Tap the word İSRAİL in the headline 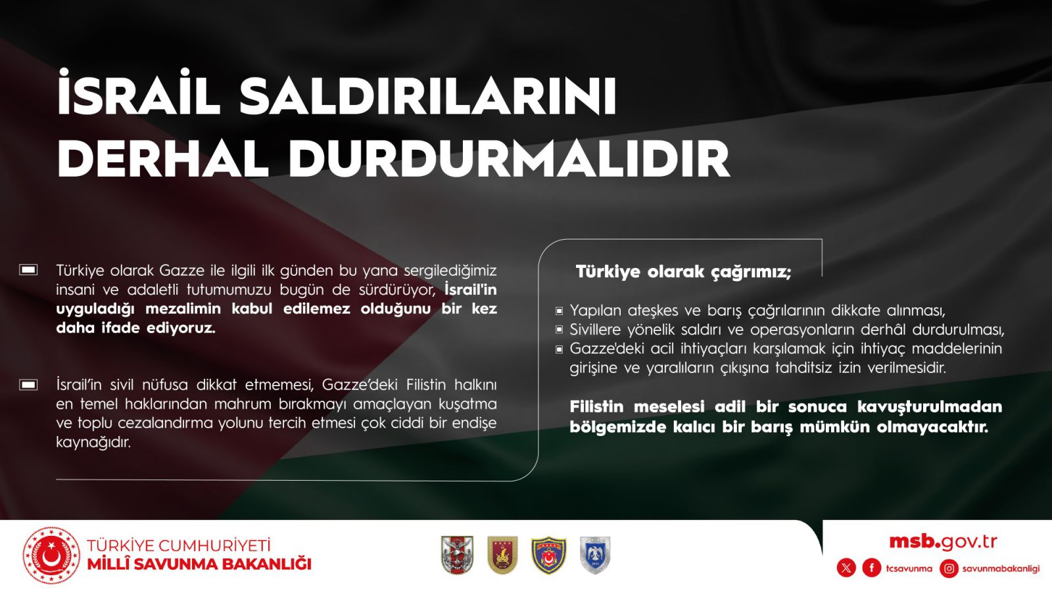pos(139,93)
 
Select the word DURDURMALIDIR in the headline pos(509,158)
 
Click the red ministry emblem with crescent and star pos(52,556)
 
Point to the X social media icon pos(846,569)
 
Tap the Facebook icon pos(872,569)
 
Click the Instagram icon pos(949,569)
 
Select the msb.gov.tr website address pos(943,542)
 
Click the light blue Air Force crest pos(595,556)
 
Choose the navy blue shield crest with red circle pos(548,556)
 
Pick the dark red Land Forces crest pos(502,556)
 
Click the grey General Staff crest pos(457,556)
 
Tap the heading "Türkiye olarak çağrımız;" pos(683,272)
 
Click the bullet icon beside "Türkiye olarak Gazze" pos(28,270)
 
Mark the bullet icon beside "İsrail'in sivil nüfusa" pos(28,385)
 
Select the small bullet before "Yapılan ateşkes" pos(559,311)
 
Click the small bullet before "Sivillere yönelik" pos(559,330)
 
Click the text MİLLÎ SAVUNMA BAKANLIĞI pos(199,564)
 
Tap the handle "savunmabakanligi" pos(1001,569)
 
